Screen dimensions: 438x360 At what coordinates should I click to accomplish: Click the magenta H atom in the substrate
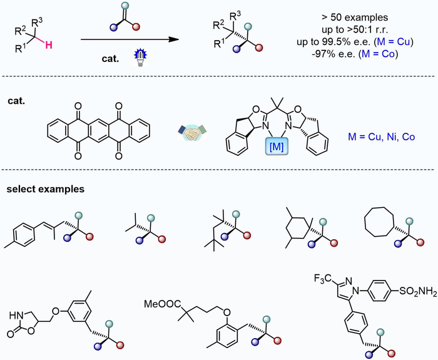point(49,45)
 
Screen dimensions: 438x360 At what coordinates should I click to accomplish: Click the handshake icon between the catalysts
point(192,132)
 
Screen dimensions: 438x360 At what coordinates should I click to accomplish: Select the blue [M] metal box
point(277,146)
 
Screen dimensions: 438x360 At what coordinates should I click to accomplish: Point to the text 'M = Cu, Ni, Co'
point(381,137)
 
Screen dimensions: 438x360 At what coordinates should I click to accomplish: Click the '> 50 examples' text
point(355,18)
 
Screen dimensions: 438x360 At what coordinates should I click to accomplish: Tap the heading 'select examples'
point(46,189)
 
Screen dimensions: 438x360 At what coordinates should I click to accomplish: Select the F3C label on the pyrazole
point(323,279)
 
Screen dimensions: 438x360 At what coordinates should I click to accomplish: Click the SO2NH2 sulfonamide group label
point(418,291)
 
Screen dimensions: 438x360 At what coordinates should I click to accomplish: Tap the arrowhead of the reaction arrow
point(174,39)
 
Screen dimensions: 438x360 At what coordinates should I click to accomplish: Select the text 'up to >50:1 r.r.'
point(355,29)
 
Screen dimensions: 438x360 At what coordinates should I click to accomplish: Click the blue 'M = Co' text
point(379,53)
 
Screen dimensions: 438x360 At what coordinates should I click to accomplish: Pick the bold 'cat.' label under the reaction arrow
point(110,59)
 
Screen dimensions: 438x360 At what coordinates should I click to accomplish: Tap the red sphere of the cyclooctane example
point(420,243)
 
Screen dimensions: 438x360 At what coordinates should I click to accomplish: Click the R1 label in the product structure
point(219,44)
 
